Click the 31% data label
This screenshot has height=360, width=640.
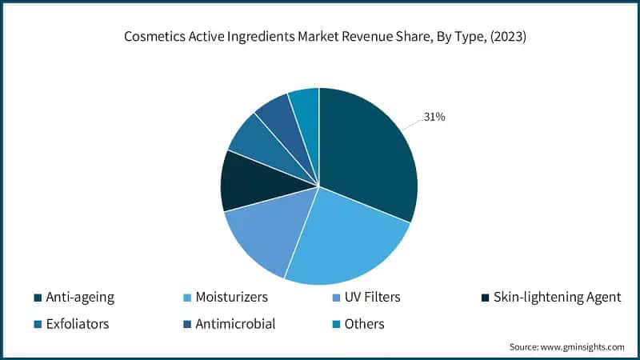[x=434, y=117]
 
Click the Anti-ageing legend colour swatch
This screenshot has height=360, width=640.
[x=38, y=298]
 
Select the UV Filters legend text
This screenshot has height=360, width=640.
[x=372, y=298]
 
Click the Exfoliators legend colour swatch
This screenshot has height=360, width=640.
[x=38, y=324]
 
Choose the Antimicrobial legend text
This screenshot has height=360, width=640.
[x=235, y=324]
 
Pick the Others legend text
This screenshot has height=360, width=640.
[x=364, y=324]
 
